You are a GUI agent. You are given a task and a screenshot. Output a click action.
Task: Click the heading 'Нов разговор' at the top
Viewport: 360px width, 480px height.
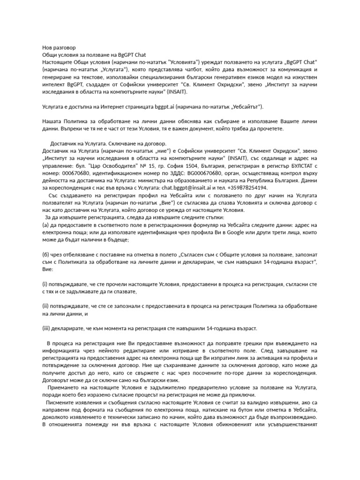55,47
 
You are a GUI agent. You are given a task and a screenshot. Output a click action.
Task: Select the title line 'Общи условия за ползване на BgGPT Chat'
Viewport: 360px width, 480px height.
94,55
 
